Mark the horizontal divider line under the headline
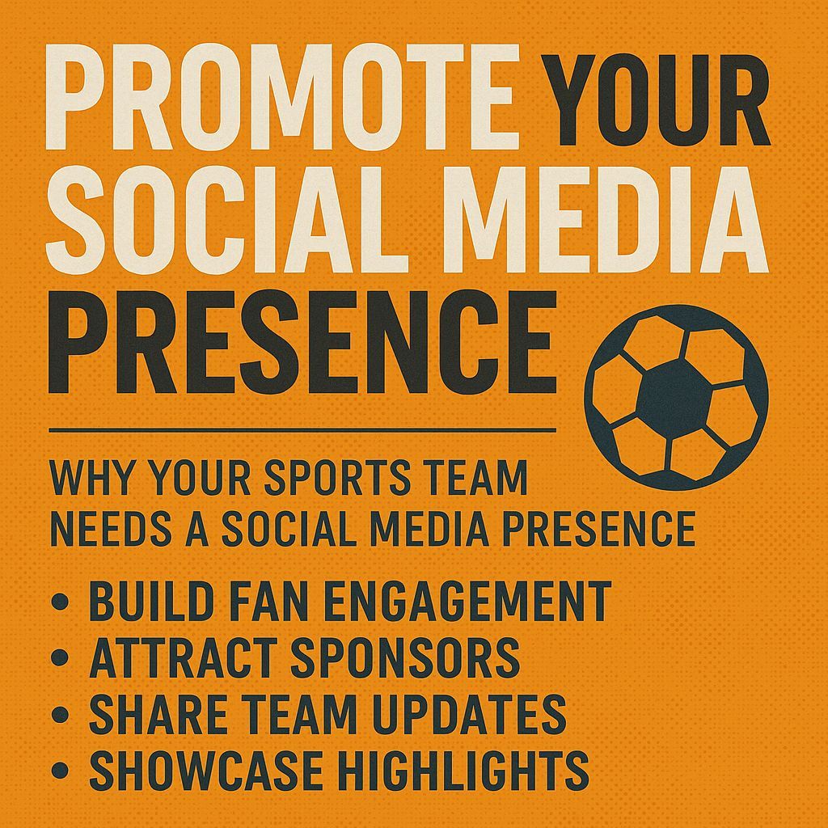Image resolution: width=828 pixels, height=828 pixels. (302, 429)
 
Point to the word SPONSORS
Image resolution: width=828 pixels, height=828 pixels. (404, 657)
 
